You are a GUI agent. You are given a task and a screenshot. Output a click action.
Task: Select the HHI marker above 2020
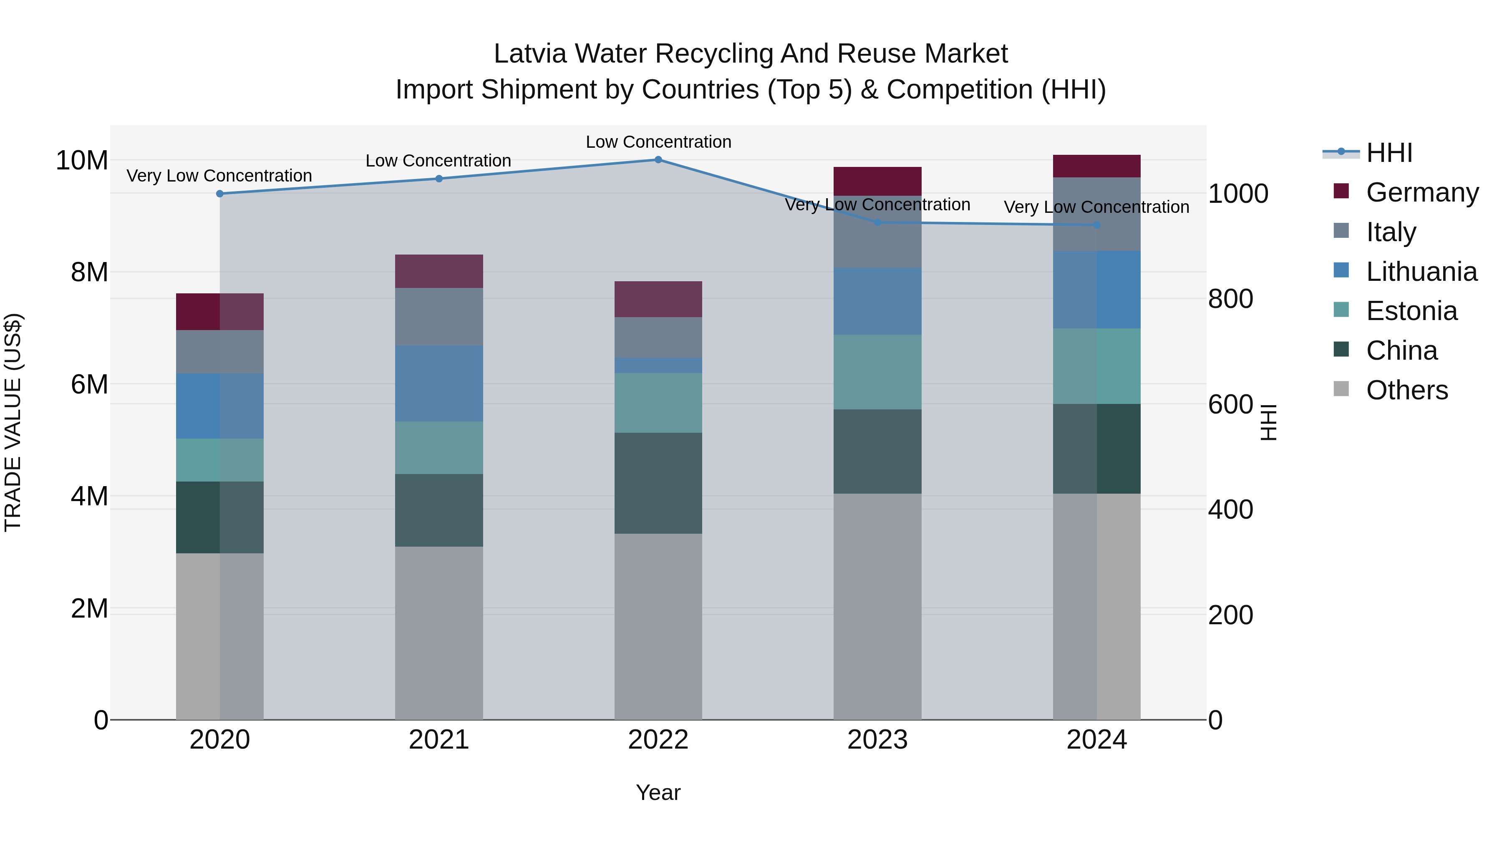(220, 194)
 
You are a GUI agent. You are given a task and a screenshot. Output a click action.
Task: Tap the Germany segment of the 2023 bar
(877, 182)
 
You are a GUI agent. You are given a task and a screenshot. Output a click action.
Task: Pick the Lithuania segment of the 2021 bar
(439, 383)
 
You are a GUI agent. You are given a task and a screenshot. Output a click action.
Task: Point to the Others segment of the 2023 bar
(877, 606)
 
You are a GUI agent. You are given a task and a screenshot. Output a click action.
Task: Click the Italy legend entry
(1391, 232)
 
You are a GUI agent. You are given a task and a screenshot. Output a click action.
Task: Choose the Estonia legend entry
(1411, 311)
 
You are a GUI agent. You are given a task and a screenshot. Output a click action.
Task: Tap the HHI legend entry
(1389, 153)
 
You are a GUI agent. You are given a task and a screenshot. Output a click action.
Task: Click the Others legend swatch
(1341, 389)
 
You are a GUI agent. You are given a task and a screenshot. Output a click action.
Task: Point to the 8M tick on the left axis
(89, 272)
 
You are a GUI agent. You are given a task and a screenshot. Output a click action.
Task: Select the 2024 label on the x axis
(1096, 740)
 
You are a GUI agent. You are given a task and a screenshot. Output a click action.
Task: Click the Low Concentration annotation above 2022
(658, 142)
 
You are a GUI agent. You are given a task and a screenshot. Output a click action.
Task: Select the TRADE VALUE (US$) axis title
(13, 422)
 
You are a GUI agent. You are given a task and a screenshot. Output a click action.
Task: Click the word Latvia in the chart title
(529, 54)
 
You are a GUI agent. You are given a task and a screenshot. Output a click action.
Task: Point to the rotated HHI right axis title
(1269, 422)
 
